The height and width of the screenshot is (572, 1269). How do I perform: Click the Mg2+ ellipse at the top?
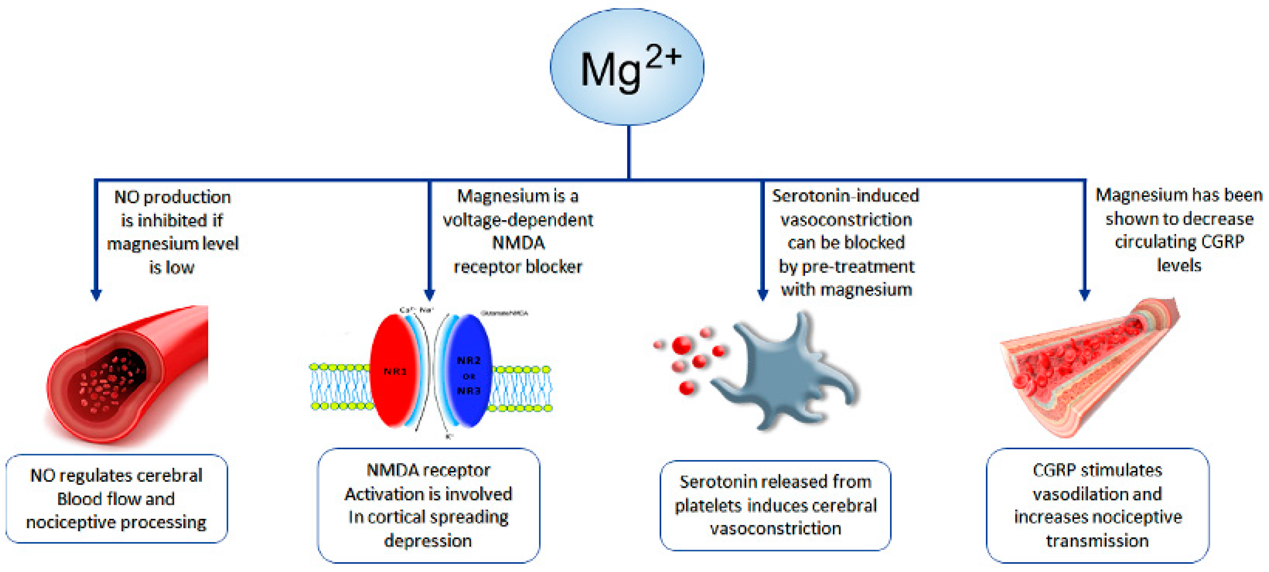[627, 67]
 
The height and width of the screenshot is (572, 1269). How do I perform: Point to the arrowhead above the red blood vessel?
[96, 294]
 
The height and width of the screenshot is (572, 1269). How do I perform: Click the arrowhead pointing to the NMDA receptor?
[429, 294]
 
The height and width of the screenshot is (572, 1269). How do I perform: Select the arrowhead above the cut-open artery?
[1084, 294]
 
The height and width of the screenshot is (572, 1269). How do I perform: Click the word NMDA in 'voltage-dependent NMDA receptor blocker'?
[518, 243]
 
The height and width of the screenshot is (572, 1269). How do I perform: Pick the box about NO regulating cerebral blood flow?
[116, 499]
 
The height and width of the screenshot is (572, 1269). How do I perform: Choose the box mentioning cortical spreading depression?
[428, 505]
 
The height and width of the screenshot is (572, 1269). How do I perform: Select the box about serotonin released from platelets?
[775, 505]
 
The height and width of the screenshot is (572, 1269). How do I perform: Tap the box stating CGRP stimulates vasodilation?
[1097, 505]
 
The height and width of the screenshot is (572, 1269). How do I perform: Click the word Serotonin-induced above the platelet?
[845, 196]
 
